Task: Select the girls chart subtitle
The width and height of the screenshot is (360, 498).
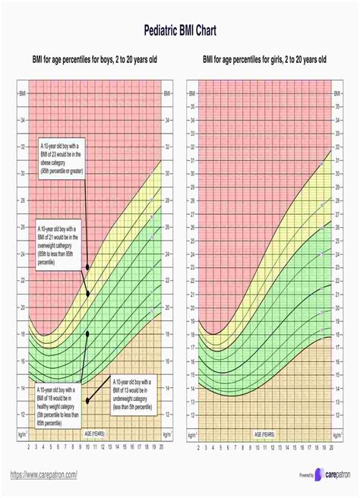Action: point(264,59)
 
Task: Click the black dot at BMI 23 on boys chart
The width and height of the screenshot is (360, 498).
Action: point(88,267)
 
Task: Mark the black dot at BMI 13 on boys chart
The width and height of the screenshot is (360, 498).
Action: point(88,400)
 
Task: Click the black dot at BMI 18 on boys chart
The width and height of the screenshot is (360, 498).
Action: point(88,333)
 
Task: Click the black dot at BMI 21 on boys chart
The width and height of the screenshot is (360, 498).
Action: point(88,294)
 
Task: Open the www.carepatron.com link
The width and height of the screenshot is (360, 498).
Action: point(44,473)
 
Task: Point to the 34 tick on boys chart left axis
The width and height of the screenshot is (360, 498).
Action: point(21,121)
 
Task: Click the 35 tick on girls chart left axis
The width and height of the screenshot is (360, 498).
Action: point(191,107)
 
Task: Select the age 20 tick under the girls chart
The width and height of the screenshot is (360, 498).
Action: point(331,448)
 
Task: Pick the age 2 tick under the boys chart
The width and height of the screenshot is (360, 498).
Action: point(28,448)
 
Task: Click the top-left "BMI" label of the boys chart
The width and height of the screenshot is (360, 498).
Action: point(21,94)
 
